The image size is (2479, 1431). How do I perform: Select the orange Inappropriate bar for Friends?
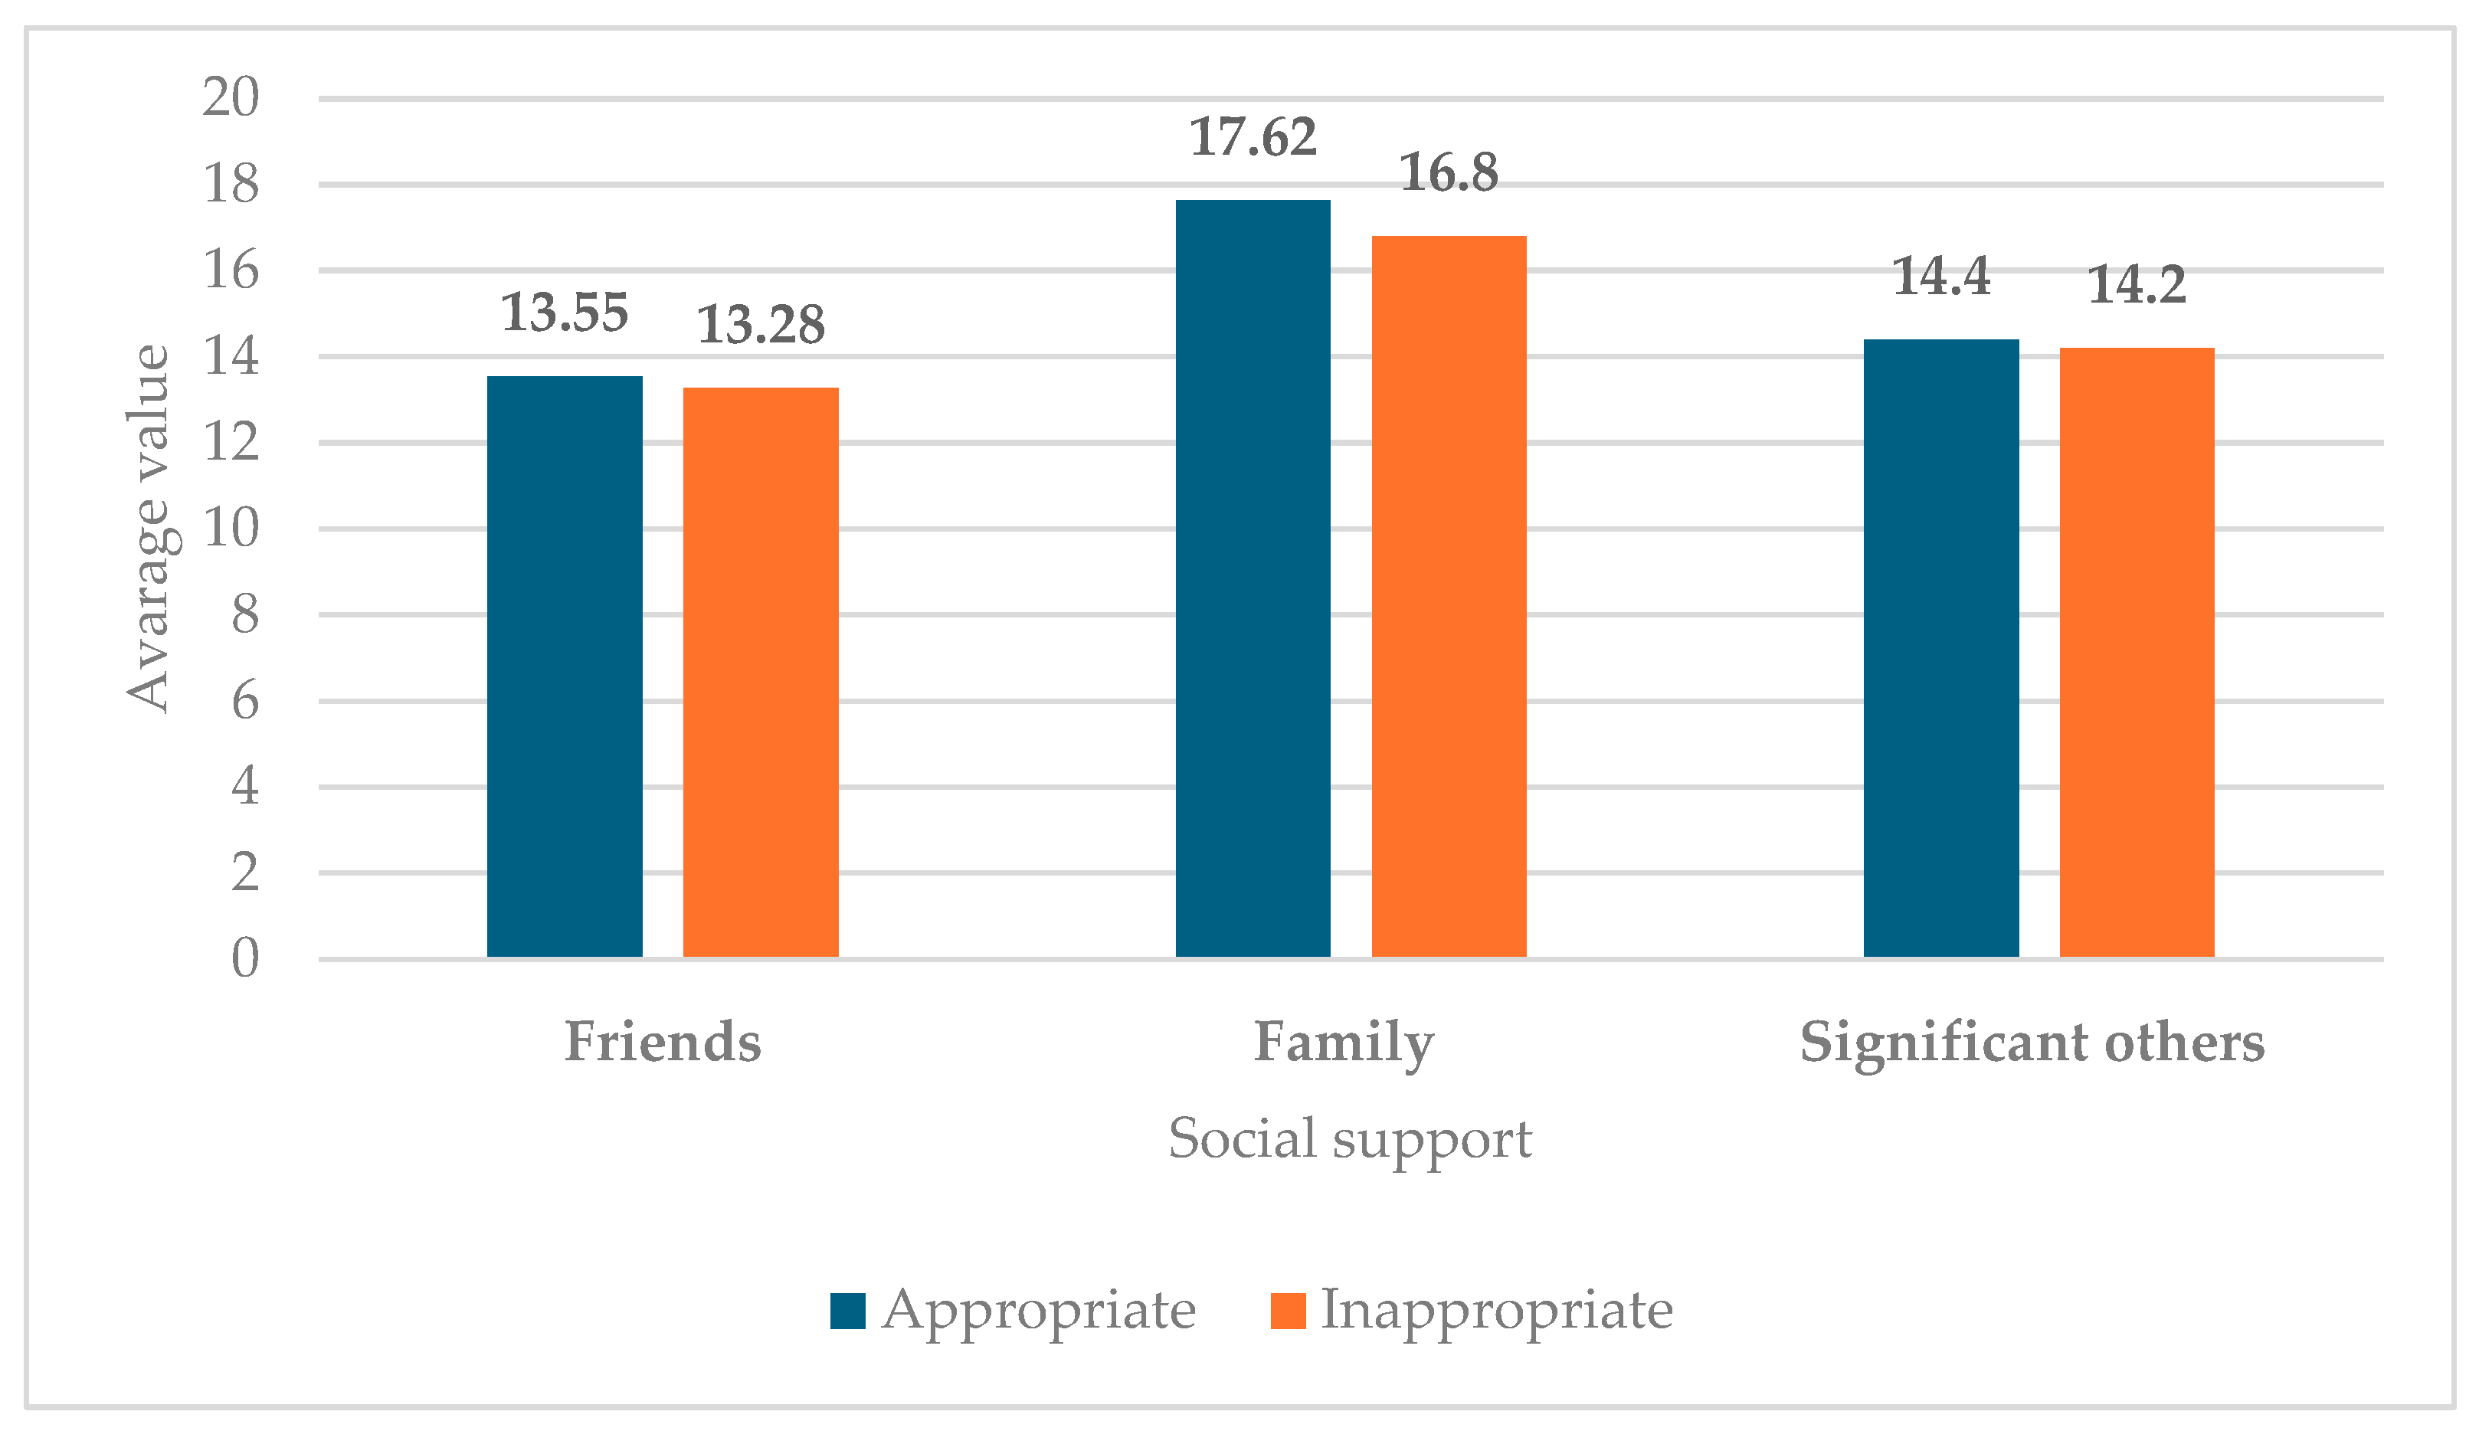point(761,673)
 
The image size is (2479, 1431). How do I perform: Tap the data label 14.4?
point(1940,277)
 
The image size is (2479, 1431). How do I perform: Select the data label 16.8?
point(1449,173)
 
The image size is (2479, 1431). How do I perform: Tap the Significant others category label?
point(2032,1043)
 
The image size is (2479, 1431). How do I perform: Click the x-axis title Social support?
point(1349,1140)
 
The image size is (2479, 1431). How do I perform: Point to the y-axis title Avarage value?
point(149,528)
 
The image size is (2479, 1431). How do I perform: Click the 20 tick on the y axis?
point(231,97)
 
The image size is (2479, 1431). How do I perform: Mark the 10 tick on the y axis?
point(231,529)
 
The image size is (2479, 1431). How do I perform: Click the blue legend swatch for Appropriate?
point(847,1311)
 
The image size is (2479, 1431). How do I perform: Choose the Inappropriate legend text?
point(1495,1311)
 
